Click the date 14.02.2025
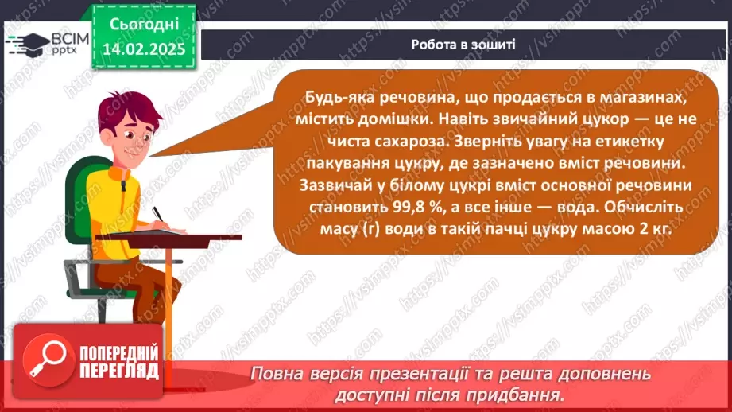tap(144, 49)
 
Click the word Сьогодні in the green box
tap(144, 25)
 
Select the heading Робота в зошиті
tap(463, 45)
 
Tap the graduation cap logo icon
tap(28, 45)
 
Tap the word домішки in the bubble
tap(396, 119)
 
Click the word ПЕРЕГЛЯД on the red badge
tap(119, 371)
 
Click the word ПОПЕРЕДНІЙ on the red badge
tap(119, 353)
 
